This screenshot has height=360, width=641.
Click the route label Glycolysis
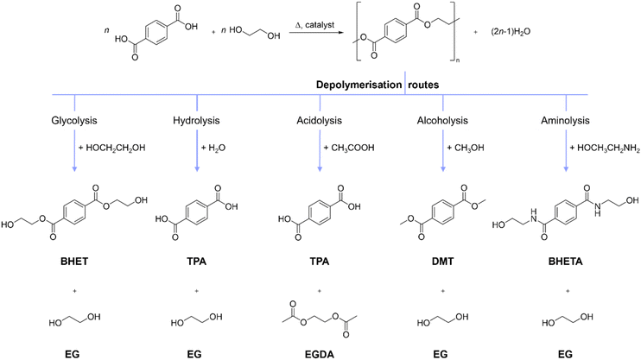coord(74,121)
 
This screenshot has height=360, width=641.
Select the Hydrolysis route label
coord(196,121)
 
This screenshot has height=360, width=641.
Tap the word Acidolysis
coord(320,121)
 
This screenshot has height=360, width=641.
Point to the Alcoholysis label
coord(442,121)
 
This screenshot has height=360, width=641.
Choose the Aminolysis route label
coord(565,121)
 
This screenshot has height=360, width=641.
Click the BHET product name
coord(74,261)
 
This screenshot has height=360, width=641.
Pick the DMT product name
coord(442,261)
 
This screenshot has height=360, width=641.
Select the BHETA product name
coord(565,261)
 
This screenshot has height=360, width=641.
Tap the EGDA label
coord(320,354)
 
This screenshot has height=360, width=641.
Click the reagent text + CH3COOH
coord(349,148)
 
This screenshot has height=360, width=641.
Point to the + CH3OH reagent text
coord(466,148)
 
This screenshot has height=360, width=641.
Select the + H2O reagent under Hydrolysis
coord(213,148)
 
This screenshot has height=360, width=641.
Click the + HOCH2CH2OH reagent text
coord(111,148)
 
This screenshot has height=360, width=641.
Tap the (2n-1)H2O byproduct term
coord(511,31)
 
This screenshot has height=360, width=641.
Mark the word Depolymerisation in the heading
coord(359,85)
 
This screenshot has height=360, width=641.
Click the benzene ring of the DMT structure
coord(442,212)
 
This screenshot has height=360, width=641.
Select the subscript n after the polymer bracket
coord(458,61)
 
